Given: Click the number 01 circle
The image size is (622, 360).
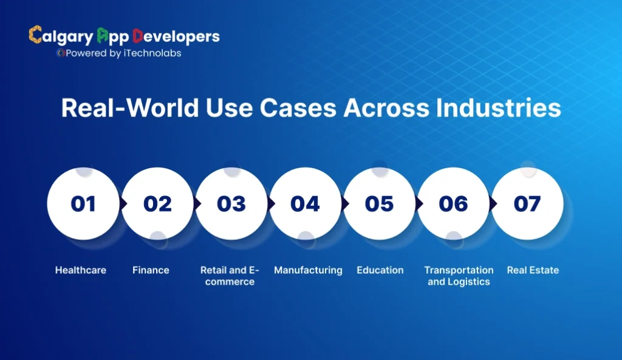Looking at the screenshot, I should point(83,203).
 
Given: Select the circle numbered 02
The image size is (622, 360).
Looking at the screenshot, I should point(157,203).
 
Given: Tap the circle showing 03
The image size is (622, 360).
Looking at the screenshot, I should point(231,203).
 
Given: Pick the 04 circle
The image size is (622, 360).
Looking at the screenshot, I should point(305,203).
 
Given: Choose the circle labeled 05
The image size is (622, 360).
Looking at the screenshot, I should point(379,203).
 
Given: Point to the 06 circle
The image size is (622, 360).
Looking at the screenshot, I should point(453,203).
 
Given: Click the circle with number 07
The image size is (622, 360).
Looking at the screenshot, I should point(527,203).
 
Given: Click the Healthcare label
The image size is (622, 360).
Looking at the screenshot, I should point(81,270).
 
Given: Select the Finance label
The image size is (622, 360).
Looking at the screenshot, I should point(151,270).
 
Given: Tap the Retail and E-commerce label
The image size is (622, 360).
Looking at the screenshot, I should point(230,276).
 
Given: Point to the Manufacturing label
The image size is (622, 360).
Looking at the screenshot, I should point(308,270).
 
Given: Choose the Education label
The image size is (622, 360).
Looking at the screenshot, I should point(380,270).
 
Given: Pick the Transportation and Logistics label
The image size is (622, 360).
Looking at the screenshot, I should point(459,276).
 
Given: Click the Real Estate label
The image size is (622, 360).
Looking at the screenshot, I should point(533,270).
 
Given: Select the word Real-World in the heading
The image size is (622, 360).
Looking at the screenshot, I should point(123,109).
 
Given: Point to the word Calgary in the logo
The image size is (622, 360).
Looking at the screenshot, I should point(61,36).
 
